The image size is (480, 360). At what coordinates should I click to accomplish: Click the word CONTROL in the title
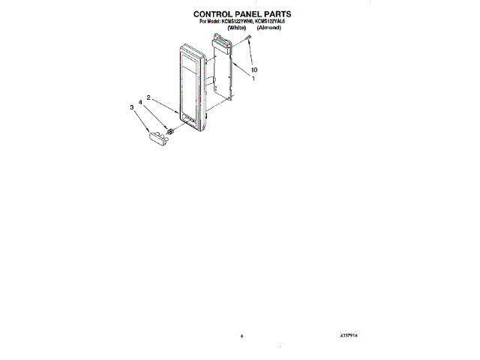click(x=214, y=13)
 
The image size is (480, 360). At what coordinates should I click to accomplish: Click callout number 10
click(x=253, y=70)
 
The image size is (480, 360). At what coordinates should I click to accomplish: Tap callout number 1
click(x=253, y=79)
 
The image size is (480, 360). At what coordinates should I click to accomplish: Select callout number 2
click(x=148, y=97)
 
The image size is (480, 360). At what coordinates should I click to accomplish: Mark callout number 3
click(x=132, y=107)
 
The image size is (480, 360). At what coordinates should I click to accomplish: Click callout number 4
click(x=141, y=101)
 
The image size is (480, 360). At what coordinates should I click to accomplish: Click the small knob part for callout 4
click(x=171, y=131)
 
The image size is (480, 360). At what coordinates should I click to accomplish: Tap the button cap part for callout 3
click(x=157, y=136)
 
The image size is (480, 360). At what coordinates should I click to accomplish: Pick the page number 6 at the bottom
click(x=242, y=336)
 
